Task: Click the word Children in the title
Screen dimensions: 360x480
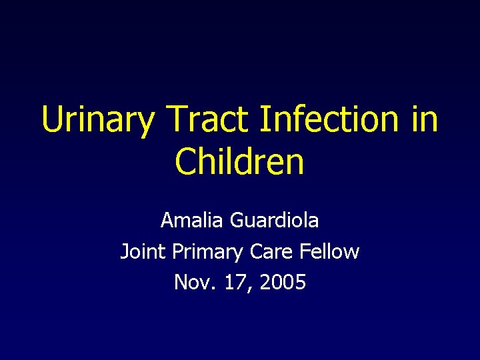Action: pos(239,162)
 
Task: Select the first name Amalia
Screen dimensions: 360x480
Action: pos(193,219)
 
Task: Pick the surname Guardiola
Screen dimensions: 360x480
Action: pos(275,219)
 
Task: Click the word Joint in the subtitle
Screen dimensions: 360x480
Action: pos(143,251)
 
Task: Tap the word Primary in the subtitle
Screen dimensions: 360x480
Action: pos(207,251)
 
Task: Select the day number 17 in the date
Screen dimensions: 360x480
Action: pos(232,282)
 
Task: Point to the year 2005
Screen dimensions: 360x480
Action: pos(283,282)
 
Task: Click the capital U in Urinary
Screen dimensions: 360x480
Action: pos(51,119)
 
